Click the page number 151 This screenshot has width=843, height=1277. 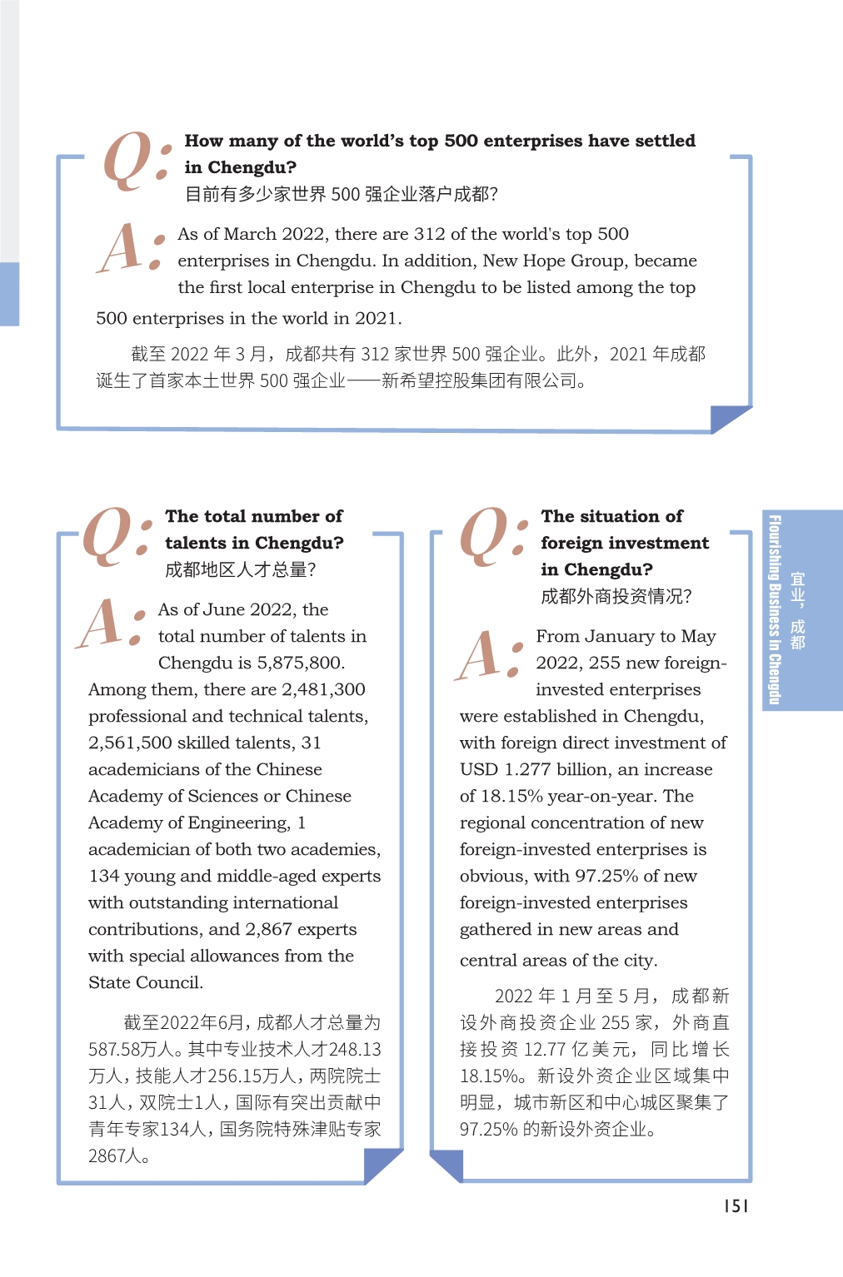[736, 1206]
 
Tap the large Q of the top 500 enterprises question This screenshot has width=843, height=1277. [127, 160]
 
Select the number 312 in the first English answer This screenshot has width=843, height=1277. [429, 234]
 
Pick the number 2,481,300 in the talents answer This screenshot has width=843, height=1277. [323, 689]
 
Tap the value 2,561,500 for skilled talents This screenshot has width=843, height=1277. [130, 743]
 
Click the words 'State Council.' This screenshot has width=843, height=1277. [146, 982]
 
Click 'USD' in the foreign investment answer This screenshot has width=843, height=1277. [479, 769]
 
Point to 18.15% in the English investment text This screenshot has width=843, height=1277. [512, 796]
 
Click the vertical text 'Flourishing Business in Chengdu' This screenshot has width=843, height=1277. [775, 610]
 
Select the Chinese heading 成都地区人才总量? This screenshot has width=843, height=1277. [240, 569]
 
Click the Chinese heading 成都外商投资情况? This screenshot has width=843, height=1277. [616, 596]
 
